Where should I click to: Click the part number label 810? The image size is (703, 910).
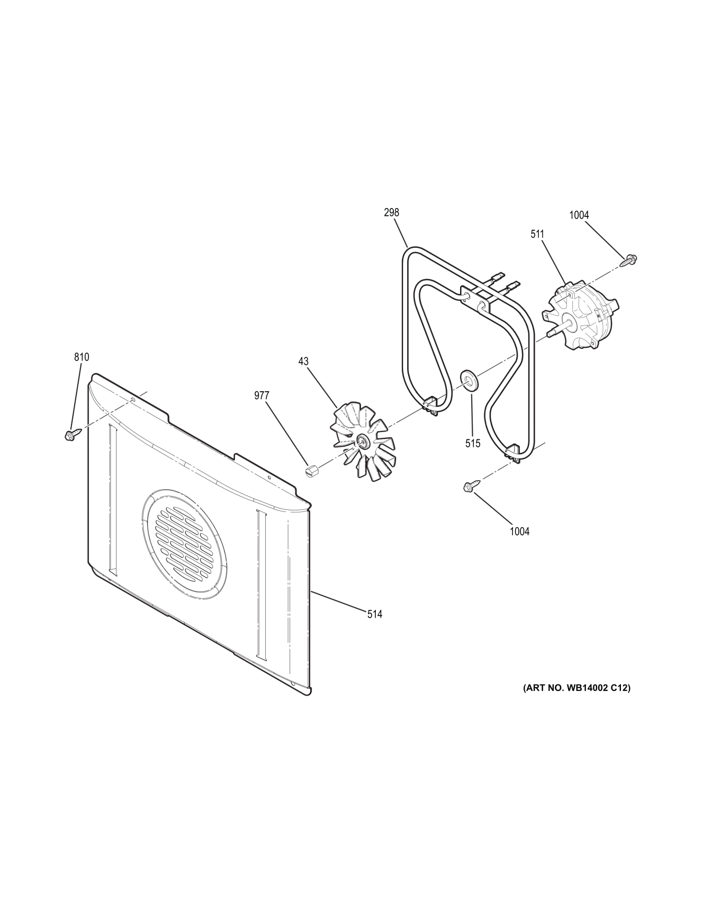coord(82,357)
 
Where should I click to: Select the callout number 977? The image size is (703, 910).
coord(262,395)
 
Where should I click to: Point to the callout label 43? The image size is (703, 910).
coord(303,361)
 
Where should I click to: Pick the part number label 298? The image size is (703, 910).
coord(392,212)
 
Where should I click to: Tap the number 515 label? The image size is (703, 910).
coord(473,444)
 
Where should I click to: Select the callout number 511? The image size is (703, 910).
coord(537,233)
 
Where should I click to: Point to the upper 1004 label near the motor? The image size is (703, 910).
coord(579,215)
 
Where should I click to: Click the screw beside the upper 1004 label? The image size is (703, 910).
coord(629,259)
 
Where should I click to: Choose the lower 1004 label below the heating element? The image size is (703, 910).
coord(519,531)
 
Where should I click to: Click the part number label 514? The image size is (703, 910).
coord(375,614)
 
